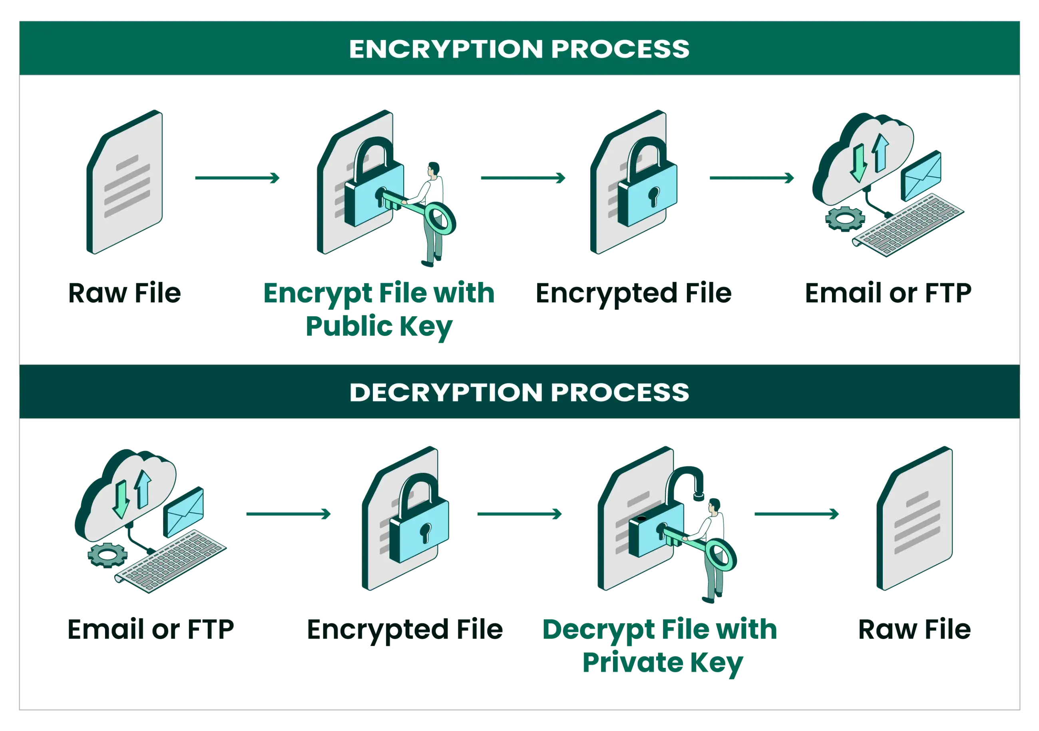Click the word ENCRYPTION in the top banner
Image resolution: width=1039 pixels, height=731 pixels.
tap(445, 49)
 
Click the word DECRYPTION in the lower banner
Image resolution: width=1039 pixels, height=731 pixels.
tap(445, 392)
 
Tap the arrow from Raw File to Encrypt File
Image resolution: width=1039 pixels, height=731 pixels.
tap(238, 179)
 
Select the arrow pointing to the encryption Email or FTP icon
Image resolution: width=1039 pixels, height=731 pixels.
tap(751, 179)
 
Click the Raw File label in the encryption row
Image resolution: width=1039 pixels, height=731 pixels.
tap(124, 293)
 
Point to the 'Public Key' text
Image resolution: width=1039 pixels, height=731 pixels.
tap(379, 327)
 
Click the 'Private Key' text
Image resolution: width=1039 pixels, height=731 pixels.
tap(663, 663)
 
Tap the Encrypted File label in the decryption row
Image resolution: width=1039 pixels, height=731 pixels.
tap(406, 629)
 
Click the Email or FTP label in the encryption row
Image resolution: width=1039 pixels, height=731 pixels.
tap(888, 293)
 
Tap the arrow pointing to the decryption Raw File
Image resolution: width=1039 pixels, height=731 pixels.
tap(797, 514)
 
